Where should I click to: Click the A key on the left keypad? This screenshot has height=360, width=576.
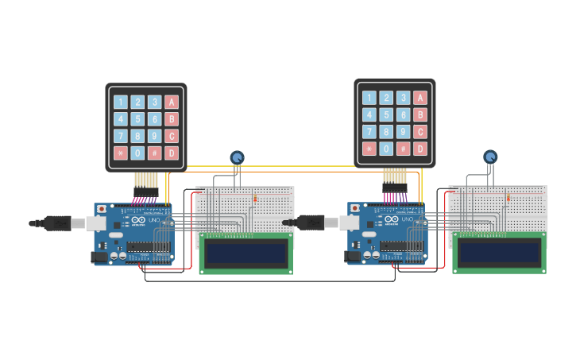(x=171, y=102)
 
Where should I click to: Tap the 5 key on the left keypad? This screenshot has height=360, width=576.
(x=137, y=119)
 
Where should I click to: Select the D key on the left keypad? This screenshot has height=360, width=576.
(x=171, y=153)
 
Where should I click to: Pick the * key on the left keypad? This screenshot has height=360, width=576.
(x=120, y=153)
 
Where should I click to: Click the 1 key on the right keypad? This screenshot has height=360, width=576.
(x=369, y=97)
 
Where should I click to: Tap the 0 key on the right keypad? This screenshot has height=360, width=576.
(x=386, y=149)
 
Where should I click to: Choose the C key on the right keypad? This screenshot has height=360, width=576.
(x=420, y=132)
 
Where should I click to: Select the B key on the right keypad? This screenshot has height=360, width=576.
(x=420, y=114)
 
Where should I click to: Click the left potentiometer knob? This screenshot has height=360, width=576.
(x=236, y=158)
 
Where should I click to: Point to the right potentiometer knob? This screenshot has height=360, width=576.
(x=490, y=157)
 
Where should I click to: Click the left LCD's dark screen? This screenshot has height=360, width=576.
(x=245, y=254)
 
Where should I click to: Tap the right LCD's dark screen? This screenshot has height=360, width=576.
(x=499, y=254)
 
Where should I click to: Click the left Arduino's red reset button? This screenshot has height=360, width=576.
(x=102, y=209)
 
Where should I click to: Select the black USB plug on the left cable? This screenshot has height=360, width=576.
(x=57, y=223)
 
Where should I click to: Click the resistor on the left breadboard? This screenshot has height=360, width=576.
(x=255, y=198)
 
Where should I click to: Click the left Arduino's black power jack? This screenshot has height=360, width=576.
(x=99, y=257)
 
